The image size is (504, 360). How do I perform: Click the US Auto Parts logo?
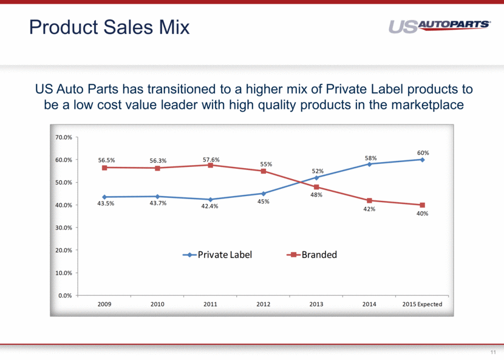(439, 26)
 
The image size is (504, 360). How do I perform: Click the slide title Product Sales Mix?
(110, 27)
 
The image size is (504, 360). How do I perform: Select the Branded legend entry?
(313, 255)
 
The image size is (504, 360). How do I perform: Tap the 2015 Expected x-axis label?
(421, 304)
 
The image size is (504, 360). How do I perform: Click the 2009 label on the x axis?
(105, 304)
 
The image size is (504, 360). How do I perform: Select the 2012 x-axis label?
(264, 304)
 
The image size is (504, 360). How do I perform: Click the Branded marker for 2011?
(211, 165)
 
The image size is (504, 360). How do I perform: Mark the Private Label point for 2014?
(369, 164)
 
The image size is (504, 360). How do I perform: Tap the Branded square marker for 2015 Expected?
(422, 205)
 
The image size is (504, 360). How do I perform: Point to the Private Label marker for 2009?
(105, 197)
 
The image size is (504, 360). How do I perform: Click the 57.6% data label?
(211, 160)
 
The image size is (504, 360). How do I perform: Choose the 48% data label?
(316, 195)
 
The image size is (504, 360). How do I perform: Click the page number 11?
(492, 352)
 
